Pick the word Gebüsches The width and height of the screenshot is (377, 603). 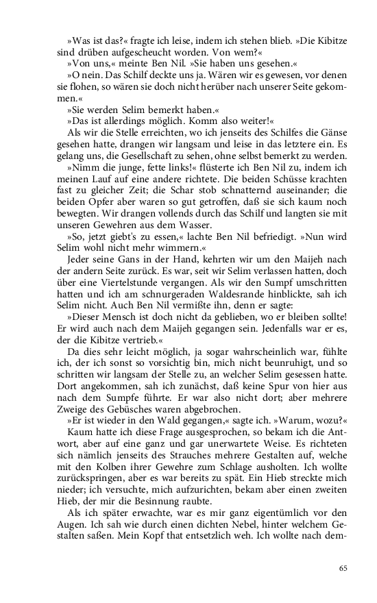click(x=115, y=421)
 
